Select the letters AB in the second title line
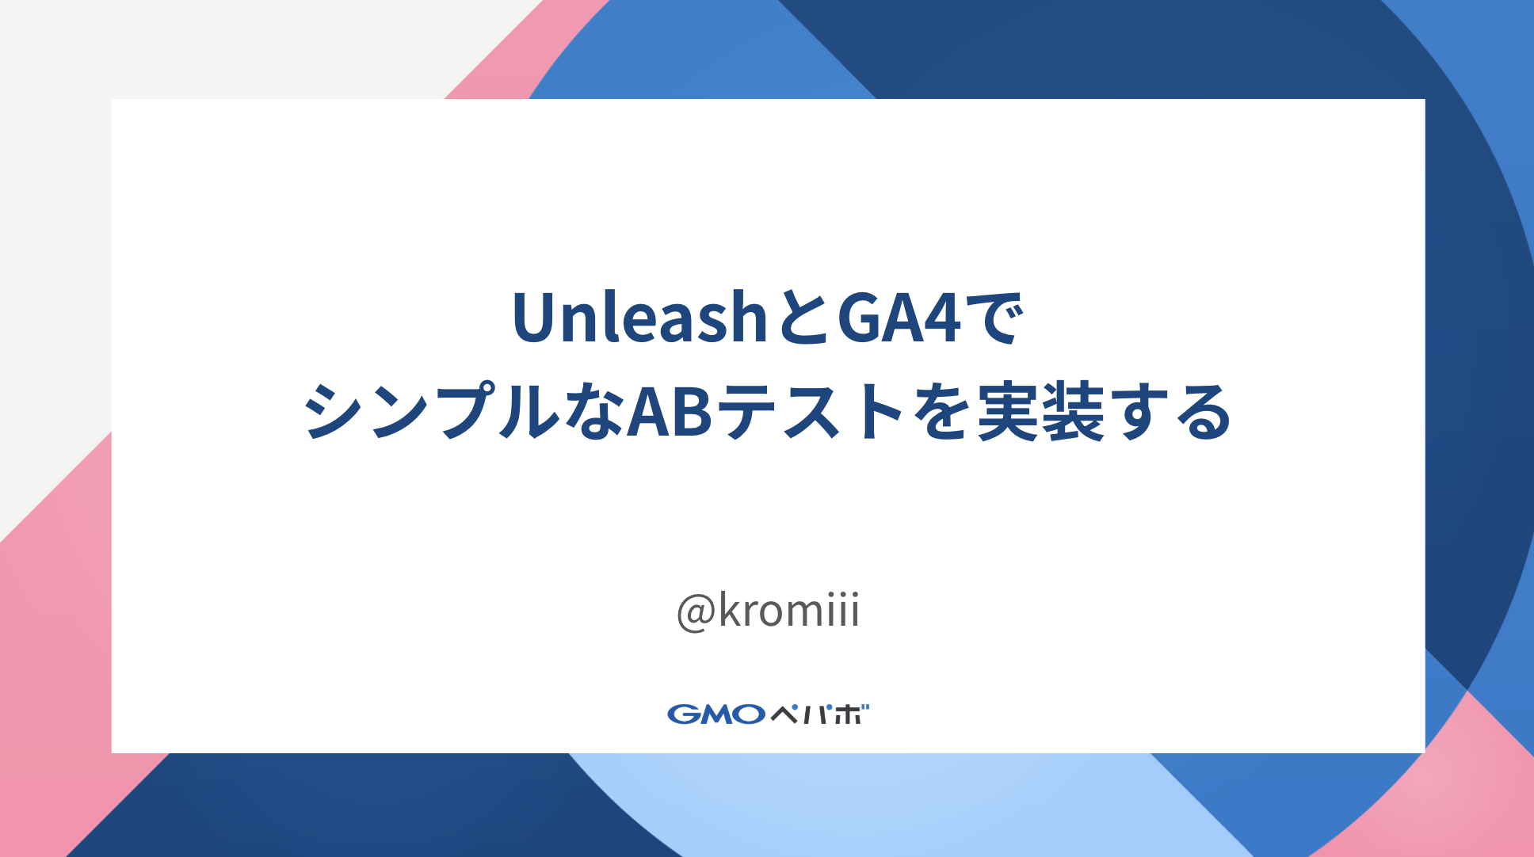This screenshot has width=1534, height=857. (x=670, y=412)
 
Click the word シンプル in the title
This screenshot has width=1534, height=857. (x=432, y=412)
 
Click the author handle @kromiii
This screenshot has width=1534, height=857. (x=768, y=611)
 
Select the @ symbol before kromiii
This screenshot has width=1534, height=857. (x=696, y=612)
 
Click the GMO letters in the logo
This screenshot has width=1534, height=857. (x=715, y=714)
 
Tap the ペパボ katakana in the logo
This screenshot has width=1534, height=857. (x=819, y=714)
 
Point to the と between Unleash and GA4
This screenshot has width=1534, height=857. (x=800, y=318)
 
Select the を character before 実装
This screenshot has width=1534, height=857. (x=942, y=412)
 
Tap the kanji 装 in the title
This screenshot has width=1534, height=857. (x=1073, y=412)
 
